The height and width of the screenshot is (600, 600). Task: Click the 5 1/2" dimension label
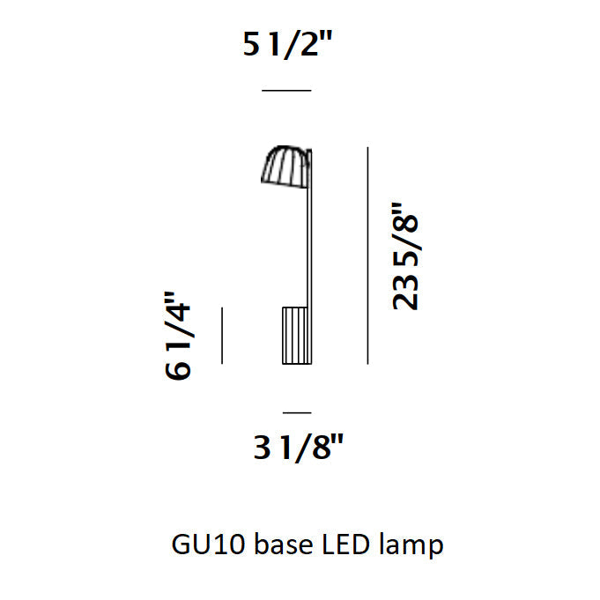288,44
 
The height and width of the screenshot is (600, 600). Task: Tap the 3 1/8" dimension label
299,448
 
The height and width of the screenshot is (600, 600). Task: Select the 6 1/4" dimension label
178,336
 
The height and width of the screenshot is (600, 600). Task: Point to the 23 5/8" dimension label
406,256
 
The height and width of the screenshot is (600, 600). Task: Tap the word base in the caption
284,544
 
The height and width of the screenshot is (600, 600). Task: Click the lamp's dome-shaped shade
285,167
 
